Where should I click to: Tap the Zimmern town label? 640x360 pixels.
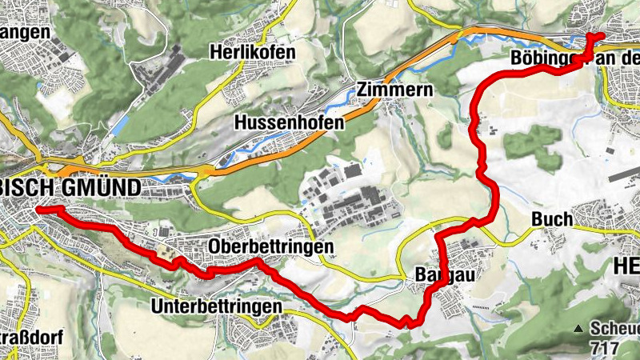(x=395, y=90)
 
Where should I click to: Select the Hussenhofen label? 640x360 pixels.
(x=289, y=123)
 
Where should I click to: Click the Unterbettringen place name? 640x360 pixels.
(x=216, y=306)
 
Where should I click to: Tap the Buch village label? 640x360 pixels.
(x=552, y=219)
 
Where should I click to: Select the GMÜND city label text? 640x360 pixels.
(x=99, y=187)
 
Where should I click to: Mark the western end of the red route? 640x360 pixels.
(x=38, y=209)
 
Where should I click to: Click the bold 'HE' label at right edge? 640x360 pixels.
(x=625, y=267)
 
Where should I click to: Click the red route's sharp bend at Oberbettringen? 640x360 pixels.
(x=258, y=262)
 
